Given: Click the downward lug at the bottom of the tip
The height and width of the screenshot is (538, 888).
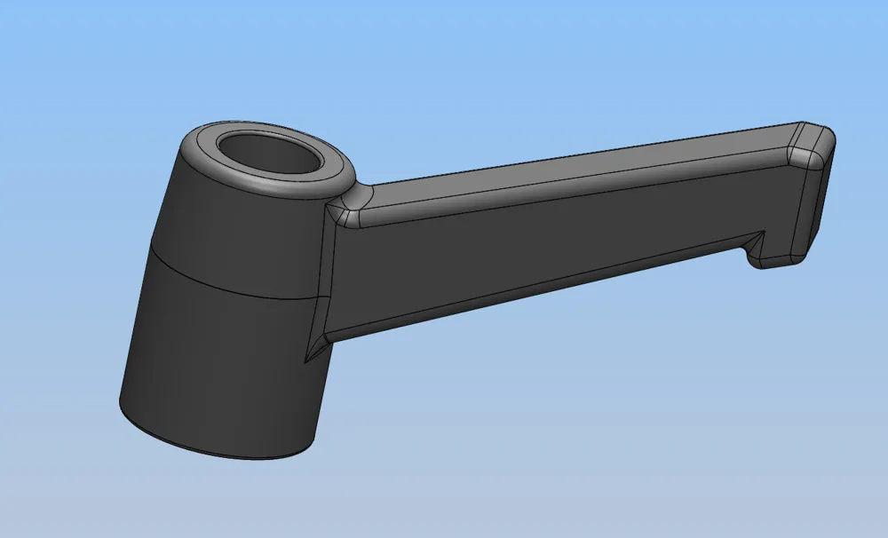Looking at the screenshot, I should (x=777, y=257).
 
